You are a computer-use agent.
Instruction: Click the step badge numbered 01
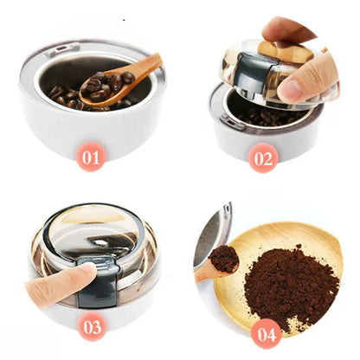(91, 157)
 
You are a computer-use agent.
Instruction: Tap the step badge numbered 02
(263, 158)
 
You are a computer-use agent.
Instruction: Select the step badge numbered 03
(93, 326)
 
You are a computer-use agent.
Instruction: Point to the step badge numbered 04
(266, 334)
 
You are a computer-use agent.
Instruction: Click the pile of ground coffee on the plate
(290, 284)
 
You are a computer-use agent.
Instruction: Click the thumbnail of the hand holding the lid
(291, 88)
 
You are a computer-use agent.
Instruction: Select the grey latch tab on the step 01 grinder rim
(62, 48)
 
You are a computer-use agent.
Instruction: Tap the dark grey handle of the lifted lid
(254, 72)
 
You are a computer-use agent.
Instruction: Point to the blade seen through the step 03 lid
(111, 241)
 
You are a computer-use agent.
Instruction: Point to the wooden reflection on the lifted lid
(286, 53)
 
